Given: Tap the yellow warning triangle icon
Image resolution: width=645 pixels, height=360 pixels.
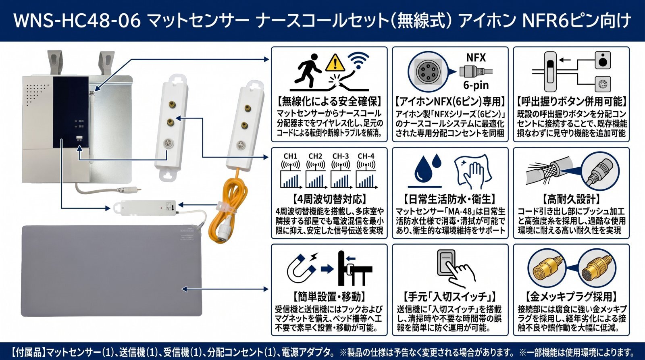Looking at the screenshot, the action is [335, 63].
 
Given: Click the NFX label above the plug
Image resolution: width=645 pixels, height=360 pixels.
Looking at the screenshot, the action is [476, 58].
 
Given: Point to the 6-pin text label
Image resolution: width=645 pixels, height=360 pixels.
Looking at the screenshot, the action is [476, 85].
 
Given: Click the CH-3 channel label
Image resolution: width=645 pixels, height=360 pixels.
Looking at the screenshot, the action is [341, 156].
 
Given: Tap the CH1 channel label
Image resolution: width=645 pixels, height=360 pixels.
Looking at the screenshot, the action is [290, 156].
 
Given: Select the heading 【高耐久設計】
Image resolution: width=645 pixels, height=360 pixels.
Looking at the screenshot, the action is [571, 199].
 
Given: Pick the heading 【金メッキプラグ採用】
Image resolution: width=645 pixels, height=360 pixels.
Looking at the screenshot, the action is [571, 296].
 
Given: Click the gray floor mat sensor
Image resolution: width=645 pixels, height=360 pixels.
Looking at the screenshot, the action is [112, 271].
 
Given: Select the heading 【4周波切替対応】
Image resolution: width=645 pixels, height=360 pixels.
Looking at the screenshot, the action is [329, 199].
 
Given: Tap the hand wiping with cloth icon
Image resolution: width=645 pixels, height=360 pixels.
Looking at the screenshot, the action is [472, 172].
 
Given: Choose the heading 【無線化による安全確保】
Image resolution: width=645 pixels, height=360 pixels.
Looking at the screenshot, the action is [329, 101].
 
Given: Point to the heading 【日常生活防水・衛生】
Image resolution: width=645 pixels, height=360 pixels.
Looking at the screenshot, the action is [450, 199].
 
